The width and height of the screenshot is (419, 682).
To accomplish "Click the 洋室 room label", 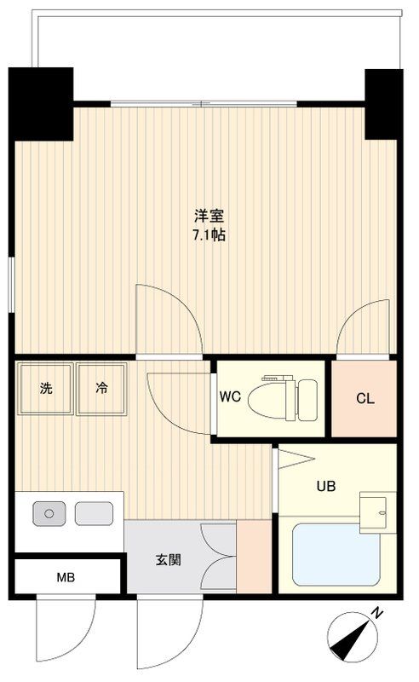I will tap(209, 217).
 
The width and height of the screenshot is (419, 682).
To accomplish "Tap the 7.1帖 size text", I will tap(209, 235).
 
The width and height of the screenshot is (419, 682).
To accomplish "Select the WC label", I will tap(230, 397).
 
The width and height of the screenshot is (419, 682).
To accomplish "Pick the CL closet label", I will tap(364, 398).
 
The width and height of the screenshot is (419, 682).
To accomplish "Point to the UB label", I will tap(326, 487).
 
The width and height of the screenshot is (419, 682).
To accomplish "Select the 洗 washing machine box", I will tap(44, 389).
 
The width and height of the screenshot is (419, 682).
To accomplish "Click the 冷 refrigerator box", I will tap(100, 389).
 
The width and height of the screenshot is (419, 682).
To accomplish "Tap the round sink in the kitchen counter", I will tap(49, 513).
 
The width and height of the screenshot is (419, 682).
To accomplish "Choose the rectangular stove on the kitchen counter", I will tap(94, 513).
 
